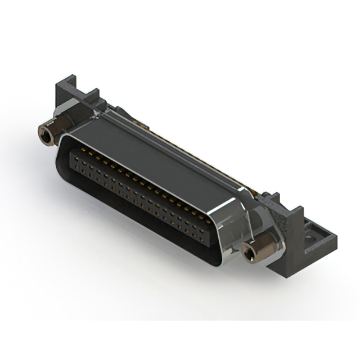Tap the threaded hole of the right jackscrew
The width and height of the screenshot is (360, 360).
pyautogui.click(x=248, y=255)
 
